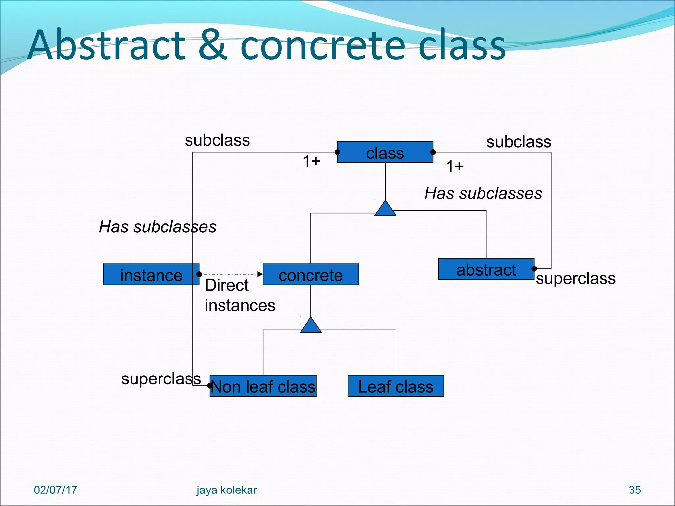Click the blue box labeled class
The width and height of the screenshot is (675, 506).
[x=385, y=152]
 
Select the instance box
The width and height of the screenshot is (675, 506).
[x=151, y=274]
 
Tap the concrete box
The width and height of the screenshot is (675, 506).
[x=310, y=274]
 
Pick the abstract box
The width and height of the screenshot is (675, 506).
[x=486, y=269]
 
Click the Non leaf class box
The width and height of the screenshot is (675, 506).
[x=263, y=386]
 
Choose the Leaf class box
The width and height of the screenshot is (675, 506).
[x=396, y=386]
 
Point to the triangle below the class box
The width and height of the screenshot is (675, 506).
[x=385, y=209]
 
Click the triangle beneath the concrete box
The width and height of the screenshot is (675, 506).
[x=311, y=326]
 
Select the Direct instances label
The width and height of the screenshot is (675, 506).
[x=240, y=295]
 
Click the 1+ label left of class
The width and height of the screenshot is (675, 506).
[x=311, y=161]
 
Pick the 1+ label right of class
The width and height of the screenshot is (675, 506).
[x=455, y=166]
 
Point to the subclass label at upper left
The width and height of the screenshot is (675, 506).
[x=217, y=140]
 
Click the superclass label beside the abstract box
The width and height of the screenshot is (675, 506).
[x=575, y=279]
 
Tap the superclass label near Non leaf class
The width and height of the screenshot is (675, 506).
[x=161, y=379]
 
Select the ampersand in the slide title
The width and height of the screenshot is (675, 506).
[x=213, y=45]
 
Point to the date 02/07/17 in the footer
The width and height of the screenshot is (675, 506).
[x=55, y=490]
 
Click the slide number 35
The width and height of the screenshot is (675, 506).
[x=634, y=490]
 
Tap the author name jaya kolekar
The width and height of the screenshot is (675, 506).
[x=226, y=490]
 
